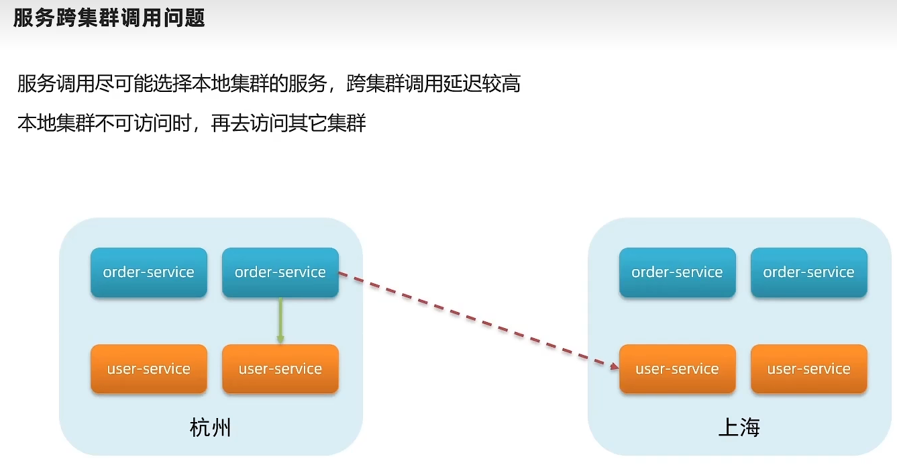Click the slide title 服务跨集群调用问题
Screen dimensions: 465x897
109,18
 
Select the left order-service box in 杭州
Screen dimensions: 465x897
149,272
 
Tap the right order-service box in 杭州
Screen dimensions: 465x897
280,272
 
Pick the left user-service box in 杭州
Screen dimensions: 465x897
149,369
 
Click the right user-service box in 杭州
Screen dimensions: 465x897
280,369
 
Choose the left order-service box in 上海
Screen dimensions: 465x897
677,272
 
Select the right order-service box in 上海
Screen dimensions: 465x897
808,272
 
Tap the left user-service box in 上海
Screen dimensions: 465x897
677,369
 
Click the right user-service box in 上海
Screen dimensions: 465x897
808,369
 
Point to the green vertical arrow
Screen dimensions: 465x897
280,319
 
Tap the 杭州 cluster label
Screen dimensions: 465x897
211,427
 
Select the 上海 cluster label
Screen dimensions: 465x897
739,427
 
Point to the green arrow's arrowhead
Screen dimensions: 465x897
280,340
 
